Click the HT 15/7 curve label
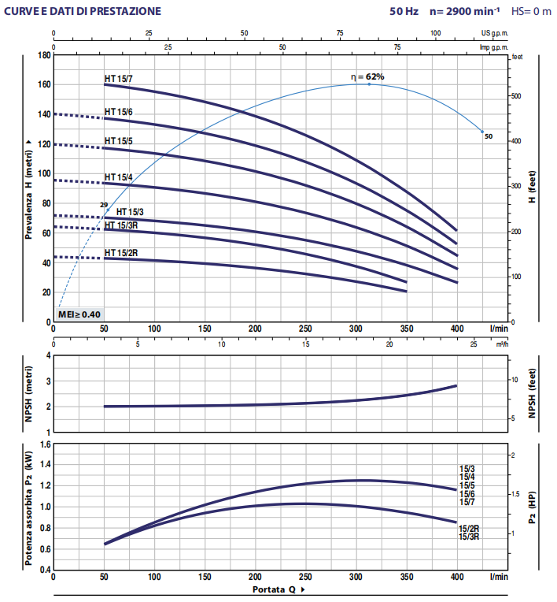tap(118, 78)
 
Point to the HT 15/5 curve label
tap(118, 141)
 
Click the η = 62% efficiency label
tap(367, 76)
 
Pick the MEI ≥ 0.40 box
tap(79, 314)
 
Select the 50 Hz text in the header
tap(402, 12)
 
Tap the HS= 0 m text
tap(532, 12)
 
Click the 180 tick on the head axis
tap(42, 55)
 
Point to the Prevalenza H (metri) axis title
tap(28, 188)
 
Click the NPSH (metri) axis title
tap(28, 394)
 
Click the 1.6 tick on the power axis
tap(44, 445)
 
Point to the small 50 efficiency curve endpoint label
tap(488, 136)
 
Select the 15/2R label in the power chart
tap(469, 527)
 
